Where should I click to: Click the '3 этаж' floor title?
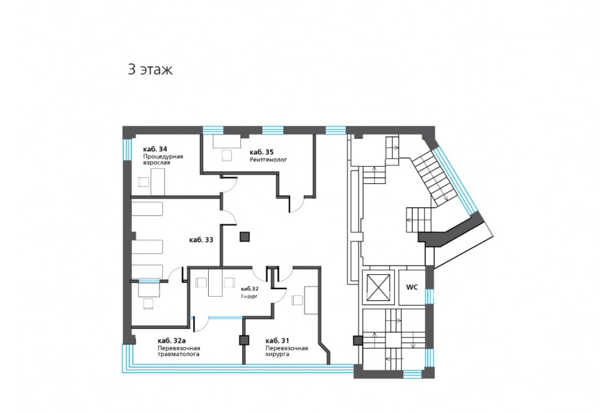150,70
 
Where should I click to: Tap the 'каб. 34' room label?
155,149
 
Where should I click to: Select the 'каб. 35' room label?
261,152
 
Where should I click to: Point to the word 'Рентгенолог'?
268,160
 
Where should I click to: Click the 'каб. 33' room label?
201,240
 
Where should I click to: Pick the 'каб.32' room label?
249,289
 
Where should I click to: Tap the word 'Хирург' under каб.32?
249,297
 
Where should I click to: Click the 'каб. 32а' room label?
171,341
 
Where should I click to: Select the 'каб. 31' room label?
277,341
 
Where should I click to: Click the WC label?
412,287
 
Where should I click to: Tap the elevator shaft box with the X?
378,288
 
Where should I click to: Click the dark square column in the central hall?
245,237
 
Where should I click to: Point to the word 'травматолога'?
179,354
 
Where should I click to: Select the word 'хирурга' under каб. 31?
277,354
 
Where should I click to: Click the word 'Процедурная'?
163,157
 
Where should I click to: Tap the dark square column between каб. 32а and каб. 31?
244,341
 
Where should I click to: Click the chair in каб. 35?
227,156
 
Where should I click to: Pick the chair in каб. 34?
144,182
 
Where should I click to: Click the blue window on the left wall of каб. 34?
127,150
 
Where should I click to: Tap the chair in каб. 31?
297,301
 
